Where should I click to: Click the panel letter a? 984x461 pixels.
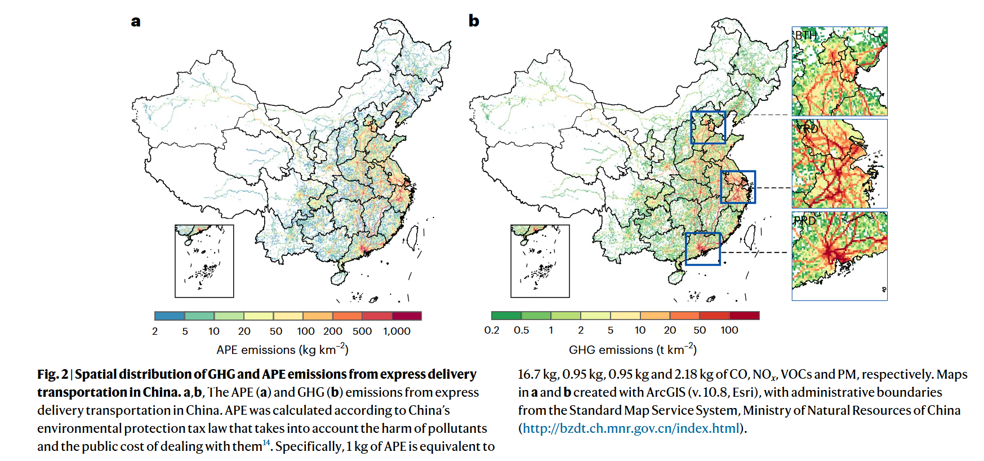click(136, 22)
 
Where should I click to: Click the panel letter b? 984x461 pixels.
click(474, 21)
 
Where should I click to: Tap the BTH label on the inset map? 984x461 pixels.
click(805, 36)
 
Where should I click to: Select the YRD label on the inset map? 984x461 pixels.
click(807, 128)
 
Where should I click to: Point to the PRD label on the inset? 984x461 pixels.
click(804, 221)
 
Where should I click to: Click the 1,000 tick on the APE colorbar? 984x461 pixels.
click(397, 331)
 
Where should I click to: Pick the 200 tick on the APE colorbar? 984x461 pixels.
click(332, 331)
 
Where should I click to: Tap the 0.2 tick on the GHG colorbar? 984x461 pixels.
click(492, 330)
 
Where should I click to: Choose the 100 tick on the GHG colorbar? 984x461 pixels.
click(729, 330)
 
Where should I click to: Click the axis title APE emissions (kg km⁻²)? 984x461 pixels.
click(282, 350)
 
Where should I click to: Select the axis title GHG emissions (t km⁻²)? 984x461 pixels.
click(633, 350)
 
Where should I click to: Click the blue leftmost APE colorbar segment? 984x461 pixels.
click(170, 316)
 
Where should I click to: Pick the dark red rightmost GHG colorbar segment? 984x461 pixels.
click(744, 316)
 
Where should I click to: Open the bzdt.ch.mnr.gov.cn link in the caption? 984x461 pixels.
click(631, 428)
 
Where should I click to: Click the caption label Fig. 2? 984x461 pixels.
click(52, 374)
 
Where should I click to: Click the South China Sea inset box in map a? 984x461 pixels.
click(204, 261)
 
